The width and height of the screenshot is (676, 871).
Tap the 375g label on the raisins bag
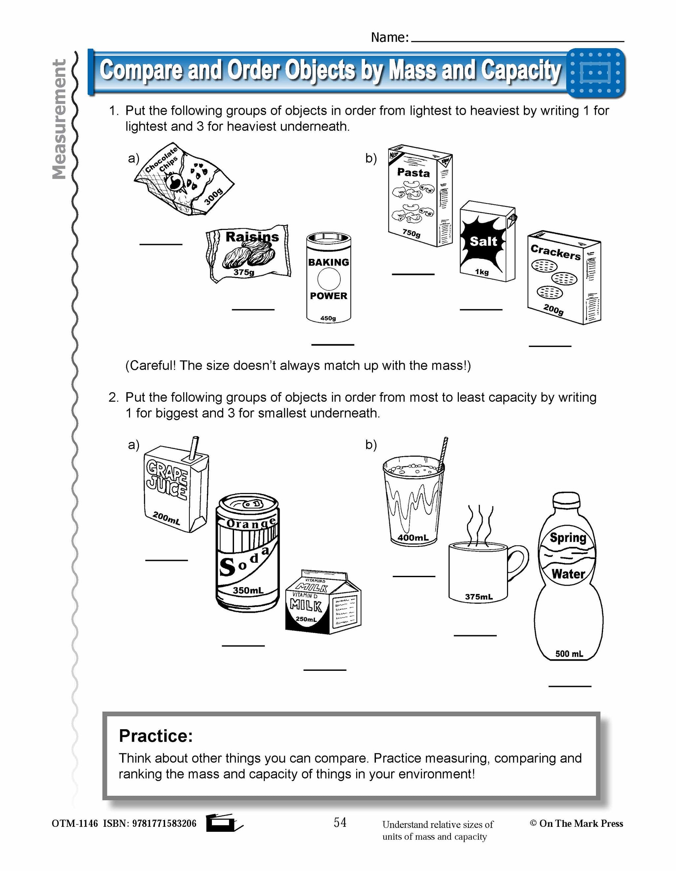[x=244, y=272]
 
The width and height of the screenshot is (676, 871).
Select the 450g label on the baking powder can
[x=328, y=318]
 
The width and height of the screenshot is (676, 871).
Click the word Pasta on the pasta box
[x=413, y=173]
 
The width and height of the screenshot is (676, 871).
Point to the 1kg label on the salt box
[x=482, y=272]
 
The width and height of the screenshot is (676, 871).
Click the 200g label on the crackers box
[x=554, y=309]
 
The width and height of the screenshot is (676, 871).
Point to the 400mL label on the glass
[x=413, y=538]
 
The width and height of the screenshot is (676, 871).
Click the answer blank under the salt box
[x=481, y=309]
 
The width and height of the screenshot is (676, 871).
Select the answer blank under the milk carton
[x=324, y=669]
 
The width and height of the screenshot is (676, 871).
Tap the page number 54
[x=340, y=822]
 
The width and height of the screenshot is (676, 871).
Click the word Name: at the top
[x=390, y=38]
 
